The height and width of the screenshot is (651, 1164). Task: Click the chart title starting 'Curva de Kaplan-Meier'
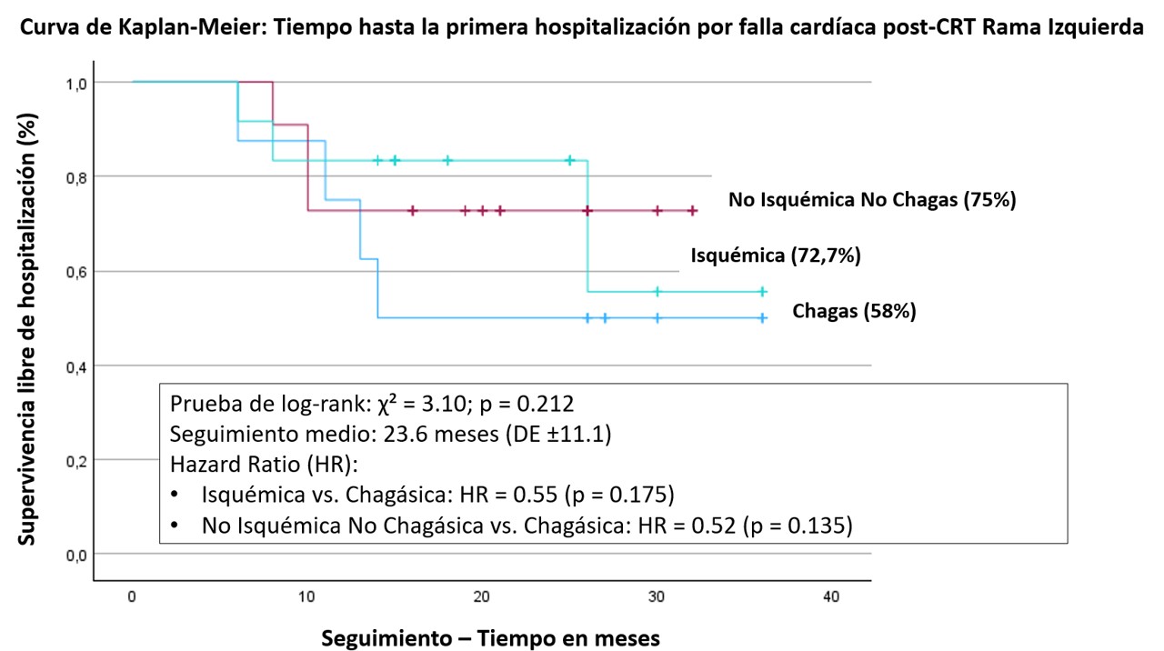(x=582, y=28)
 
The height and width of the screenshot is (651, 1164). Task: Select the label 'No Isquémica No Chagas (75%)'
(x=871, y=200)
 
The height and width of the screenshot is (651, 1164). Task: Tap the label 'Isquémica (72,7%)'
(x=776, y=255)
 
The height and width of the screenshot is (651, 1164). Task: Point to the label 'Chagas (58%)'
(x=854, y=311)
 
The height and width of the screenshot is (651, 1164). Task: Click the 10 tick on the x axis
(x=306, y=596)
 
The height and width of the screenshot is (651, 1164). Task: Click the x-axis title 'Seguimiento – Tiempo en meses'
(x=490, y=638)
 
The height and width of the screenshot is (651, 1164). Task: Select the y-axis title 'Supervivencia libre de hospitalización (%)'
(x=29, y=328)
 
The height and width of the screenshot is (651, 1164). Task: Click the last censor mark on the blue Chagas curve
(x=763, y=318)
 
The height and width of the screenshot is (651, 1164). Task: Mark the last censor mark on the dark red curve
(x=692, y=211)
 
